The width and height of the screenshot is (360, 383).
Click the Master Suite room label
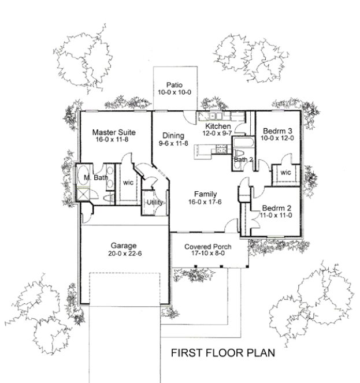pos(110,132)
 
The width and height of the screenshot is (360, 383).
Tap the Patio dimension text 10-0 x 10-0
pos(175,92)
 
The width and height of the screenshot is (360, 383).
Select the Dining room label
pos(173,135)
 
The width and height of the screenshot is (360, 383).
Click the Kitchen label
pos(218,126)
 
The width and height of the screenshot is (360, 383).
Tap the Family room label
pos(205,195)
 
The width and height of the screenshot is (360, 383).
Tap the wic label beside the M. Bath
pos(127,183)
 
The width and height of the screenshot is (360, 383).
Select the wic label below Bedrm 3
pos(285,172)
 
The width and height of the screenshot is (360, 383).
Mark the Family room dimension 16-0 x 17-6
pos(205,203)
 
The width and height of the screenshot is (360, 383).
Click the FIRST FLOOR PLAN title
pos(222,352)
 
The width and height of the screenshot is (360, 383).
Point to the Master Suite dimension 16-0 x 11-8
pos(110,140)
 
